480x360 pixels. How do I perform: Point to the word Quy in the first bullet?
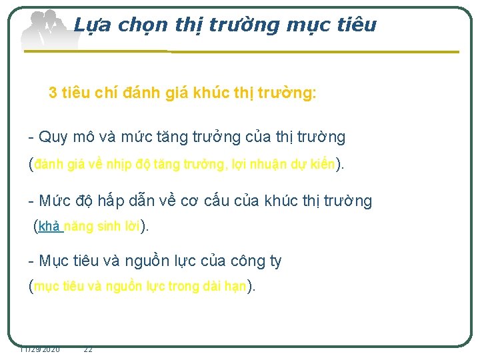coord(52,138)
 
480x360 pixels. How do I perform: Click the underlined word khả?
coord(49,226)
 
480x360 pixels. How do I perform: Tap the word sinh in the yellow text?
coord(108,226)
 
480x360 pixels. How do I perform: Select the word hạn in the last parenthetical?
coord(235,287)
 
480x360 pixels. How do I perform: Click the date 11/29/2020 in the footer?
coord(40,349)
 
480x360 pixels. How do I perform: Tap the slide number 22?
coord(88,349)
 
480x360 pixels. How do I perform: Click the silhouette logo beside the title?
coord(47,30)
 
